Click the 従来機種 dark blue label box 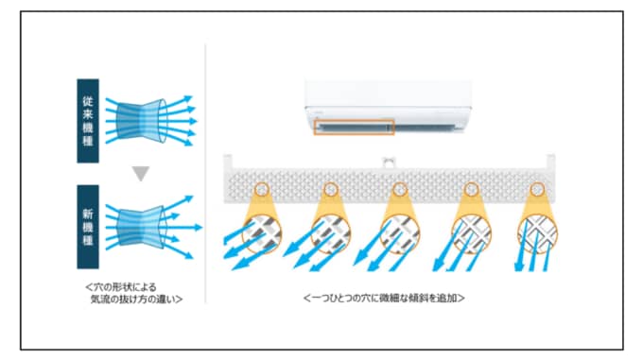(88, 121)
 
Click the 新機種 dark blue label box (88, 227)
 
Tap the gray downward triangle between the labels (141, 173)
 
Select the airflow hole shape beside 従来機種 (141, 121)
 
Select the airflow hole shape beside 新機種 (141, 227)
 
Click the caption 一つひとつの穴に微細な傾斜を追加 (384, 298)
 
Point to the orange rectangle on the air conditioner (354, 128)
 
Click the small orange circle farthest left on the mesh (262, 190)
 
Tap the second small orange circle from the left (331, 190)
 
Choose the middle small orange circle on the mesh (400, 190)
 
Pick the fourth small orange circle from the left (471, 190)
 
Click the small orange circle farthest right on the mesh (537, 190)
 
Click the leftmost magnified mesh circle (262, 233)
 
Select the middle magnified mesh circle (400, 233)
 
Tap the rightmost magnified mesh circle (537, 233)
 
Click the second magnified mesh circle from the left (331, 233)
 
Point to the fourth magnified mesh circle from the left (471, 233)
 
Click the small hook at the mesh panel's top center (388, 163)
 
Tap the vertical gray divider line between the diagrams (205, 174)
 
